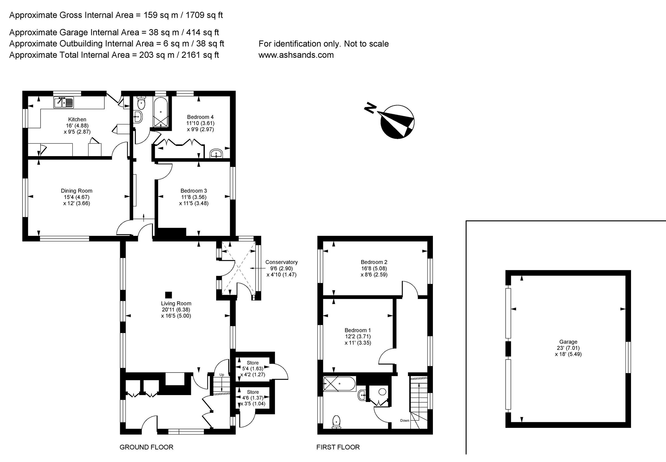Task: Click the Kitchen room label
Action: click(77, 119)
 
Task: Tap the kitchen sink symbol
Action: click(64, 103)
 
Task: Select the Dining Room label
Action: click(77, 191)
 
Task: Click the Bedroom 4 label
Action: click(200, 117)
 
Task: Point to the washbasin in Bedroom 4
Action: click(216, 154)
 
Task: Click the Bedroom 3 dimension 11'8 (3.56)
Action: click(194, 197)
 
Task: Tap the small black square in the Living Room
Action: click(168, 295)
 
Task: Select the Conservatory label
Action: click(281, 262)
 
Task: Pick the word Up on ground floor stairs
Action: click(222, 374)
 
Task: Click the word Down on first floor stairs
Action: click(405, 420)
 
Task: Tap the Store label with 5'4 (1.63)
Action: click(253, 363)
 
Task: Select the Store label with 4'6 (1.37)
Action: click(253, 392)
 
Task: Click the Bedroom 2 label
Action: click(374, 262)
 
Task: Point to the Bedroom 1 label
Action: click(358, 330)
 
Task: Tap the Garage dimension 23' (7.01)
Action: click(568, 348)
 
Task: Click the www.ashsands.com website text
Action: click(296, 55)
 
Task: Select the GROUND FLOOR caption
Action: click(146, 447)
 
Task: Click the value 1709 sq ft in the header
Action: click(204, 15)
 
